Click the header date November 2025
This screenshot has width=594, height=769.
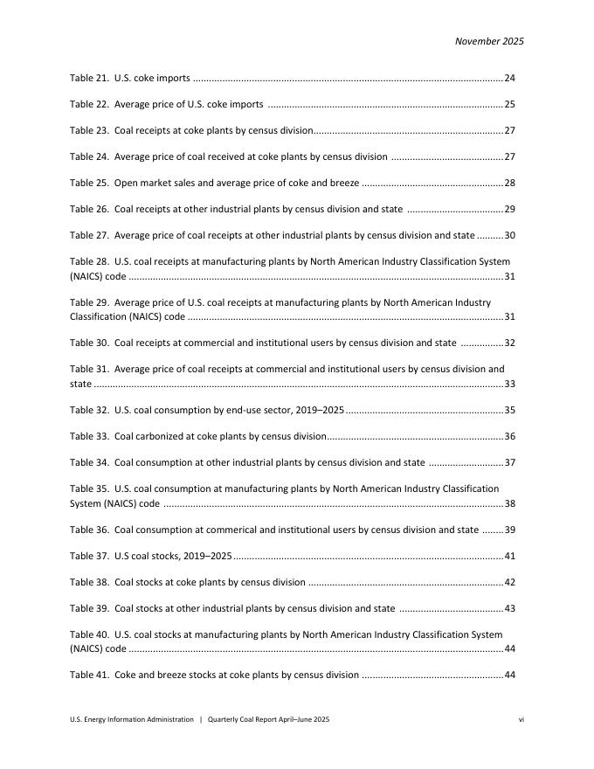pos(489,41)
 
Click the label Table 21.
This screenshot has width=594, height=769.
pos(89,79)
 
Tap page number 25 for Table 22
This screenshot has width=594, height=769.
pos(510,105)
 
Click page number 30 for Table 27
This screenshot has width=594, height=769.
pos(510,236)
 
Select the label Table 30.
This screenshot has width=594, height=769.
pos(89,343)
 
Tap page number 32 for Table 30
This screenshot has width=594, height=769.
pos(510,343)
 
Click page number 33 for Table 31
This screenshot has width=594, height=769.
pos(510,384)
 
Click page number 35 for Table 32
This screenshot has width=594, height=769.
pos(510,410)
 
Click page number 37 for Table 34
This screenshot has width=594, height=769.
pos(510,463)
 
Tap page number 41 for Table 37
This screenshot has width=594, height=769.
pos(510,557)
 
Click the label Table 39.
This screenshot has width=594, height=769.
pos(89,609)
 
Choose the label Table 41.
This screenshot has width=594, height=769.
pos(89,675)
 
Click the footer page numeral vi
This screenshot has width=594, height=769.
pos(521,719)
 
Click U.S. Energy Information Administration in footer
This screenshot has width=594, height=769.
pos(132,719)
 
